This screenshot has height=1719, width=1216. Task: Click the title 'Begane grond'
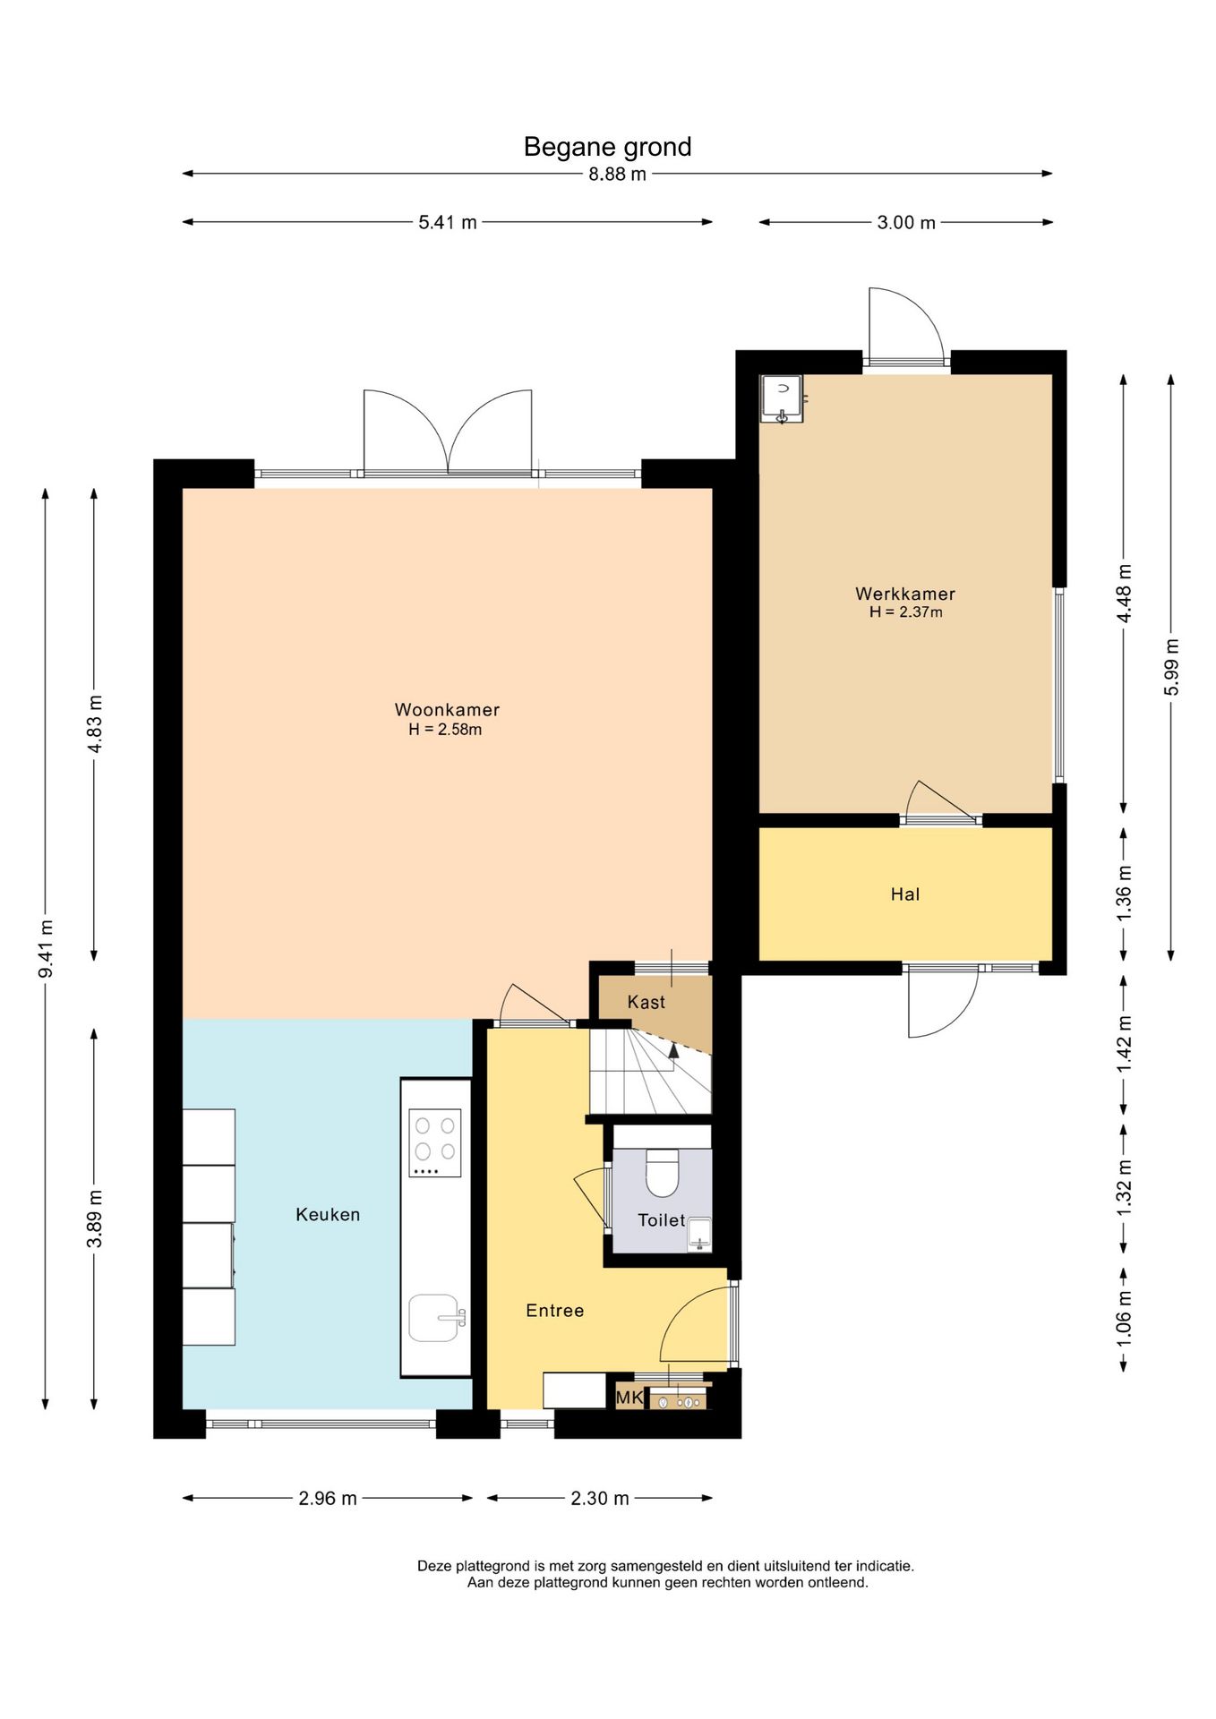pyautogui.click(x=607, y=147)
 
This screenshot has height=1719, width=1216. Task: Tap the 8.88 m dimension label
pyautogui.click(x=617, y=175)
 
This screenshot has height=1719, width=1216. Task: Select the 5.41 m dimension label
pyautogui.click(x=448, y=223)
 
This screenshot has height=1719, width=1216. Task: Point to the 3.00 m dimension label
pyautogui.click(x=906, y=223)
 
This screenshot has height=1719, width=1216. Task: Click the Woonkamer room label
pyautogui.click(x=447, y=710)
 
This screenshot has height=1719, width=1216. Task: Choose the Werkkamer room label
pyautogui.click(x=905, y=594)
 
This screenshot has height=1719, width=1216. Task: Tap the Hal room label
pyautogui.click(x=905, y=894)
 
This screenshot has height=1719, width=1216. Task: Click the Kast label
pyautogui.click(x=647, y=1003)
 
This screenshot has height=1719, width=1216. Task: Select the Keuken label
pyautogui.click(x=328, y=1215)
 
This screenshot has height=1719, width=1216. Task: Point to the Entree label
pyautogui.click(x=555, y=1311)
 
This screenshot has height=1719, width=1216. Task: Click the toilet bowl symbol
pyautogui.click(x=663, y=1173)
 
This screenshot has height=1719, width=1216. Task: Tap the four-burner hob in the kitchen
pyautogui.click(x=435, y=1143)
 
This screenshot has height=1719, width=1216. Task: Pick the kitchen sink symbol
pyautogui.click(x=436, y=1318)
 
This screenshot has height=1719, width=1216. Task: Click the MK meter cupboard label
pyautogui.click(x=629, y=1398)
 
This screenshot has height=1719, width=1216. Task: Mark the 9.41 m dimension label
pyautogui.click(x=46, y=949)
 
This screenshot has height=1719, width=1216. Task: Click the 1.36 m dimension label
pyautogui.click(x=1125, y=893)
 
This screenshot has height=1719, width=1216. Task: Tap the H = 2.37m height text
pyautogui.click(x=906, y=612)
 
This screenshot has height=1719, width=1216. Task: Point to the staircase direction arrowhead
pyautogui.click(x=674, y=1050)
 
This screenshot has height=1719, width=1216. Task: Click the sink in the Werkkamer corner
pyautogui.click(x=781, y=398)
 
